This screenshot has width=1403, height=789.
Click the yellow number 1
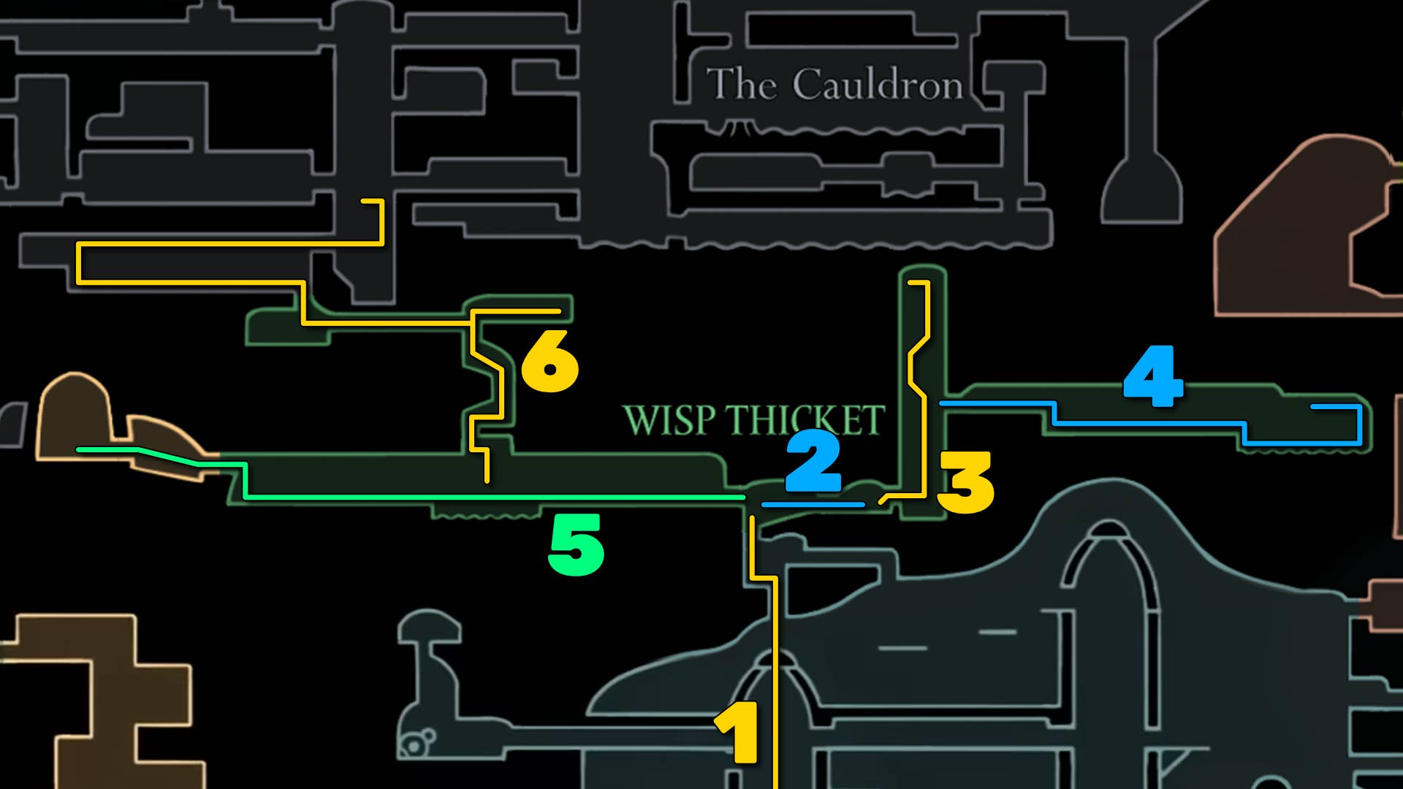[738, 732]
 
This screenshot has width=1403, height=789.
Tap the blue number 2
[813, 461]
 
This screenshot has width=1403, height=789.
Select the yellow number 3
[966, 482]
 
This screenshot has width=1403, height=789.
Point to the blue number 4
[1153, 376]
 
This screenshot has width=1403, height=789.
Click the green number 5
[576, 544]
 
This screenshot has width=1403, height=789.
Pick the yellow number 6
[550, 361]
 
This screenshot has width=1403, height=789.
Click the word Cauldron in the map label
[878, 85]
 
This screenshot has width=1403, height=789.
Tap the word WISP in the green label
[669, 421]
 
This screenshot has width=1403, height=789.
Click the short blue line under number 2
[813, 505]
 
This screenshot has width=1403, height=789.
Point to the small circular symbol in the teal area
[414, 746]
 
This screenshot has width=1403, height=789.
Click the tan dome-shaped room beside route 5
[73, 416]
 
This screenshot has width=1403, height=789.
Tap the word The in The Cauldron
[741, 85]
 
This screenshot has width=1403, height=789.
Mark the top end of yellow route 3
[910, 282]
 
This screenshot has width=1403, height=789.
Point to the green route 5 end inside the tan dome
[79, 450]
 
